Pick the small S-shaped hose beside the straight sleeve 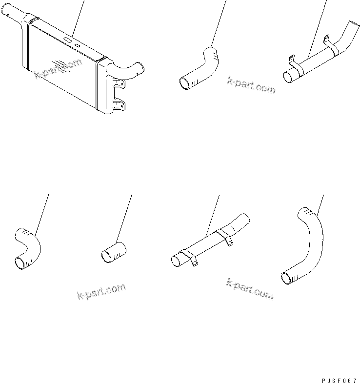(27, 248)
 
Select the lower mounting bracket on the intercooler (119, 104)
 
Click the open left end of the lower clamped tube (176, 262)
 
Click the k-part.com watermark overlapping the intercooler (59, 69)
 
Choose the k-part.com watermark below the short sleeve (101, 291)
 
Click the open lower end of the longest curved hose (287, 278)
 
